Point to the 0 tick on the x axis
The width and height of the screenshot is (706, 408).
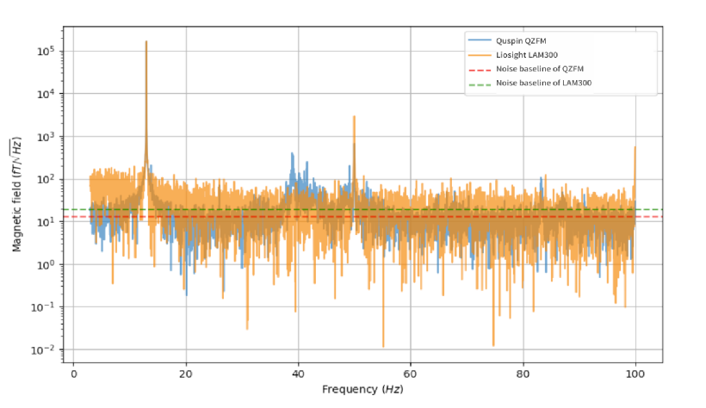pyautogui.click(x=73, y=375)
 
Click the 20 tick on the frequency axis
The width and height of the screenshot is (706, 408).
pyautogui.click(x=185, y=375)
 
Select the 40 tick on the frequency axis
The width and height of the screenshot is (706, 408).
pyautogui.click(x=298, y=375)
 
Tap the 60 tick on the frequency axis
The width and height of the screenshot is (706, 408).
pyautogui.click(x=411, y=375)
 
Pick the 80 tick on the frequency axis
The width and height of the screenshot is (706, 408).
pyautogui.click(x=523, y=375)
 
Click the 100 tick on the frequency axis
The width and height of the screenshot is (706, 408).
pyautogui.click(x=635, y=375)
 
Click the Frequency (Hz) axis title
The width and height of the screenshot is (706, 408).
pyautogui.click(x=362, y=390)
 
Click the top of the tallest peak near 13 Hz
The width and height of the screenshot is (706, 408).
pyautogui.click(x=146, y=41)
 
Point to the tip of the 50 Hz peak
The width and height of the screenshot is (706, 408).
pyautogui.click(x=354, y=117)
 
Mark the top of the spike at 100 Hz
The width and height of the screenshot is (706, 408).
pyautogui.click(x=635, y=147)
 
